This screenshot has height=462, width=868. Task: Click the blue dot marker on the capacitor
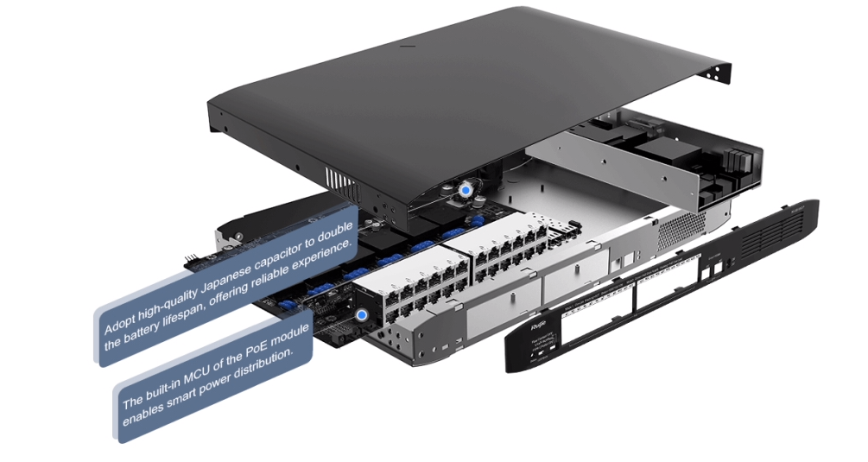[x=466, y=187]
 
